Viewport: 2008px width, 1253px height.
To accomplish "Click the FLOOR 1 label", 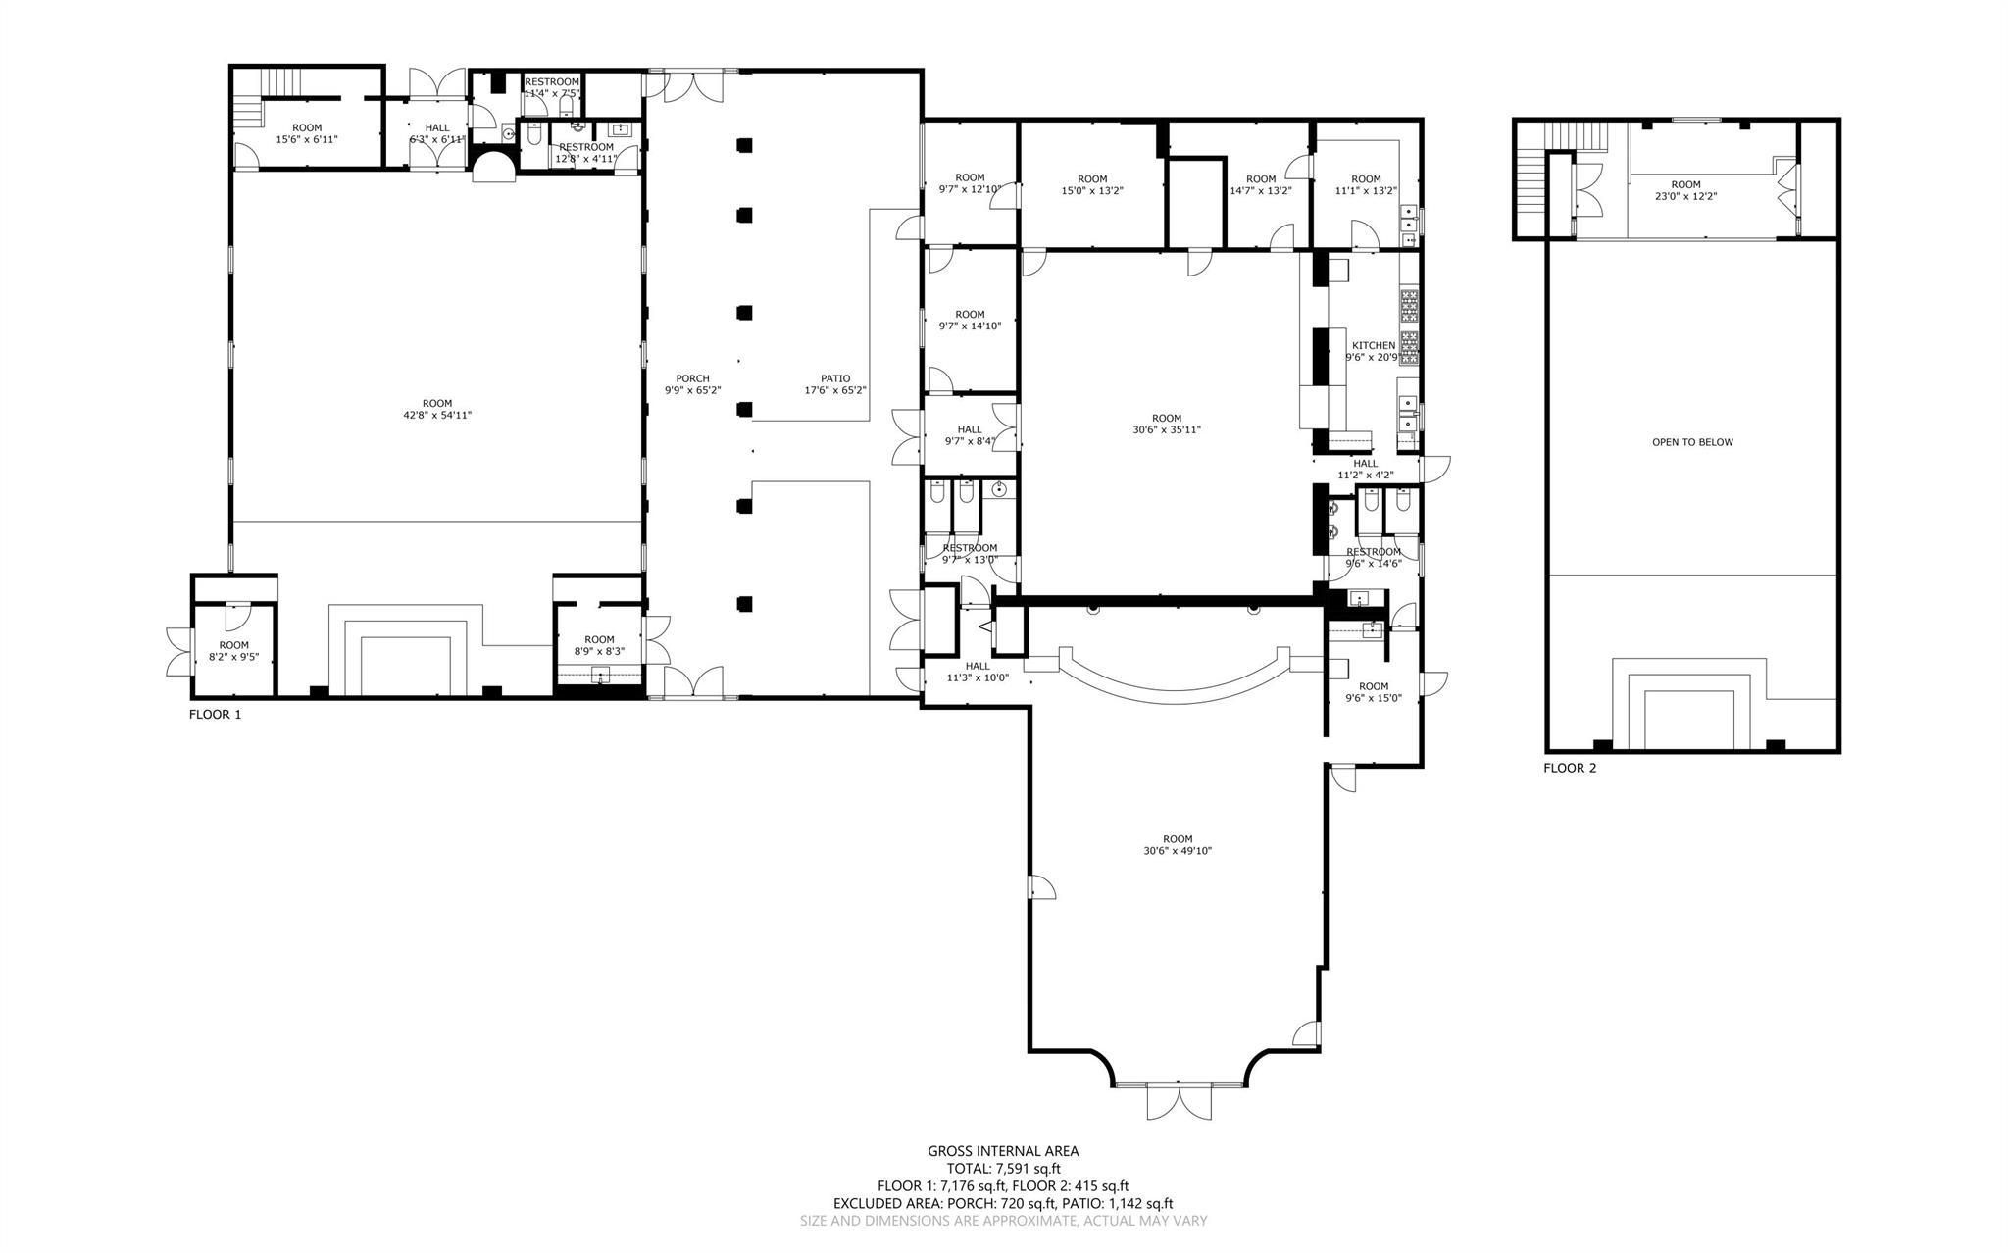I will (215, 715).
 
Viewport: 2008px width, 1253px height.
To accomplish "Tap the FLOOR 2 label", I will (1570, 768).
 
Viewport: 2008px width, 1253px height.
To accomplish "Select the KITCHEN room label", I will (1373, 351).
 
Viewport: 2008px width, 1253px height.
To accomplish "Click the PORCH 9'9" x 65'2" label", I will (692, 384).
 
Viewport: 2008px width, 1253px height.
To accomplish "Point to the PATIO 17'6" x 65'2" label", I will (835, 384).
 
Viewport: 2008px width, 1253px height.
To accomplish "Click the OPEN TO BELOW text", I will (1692, 442).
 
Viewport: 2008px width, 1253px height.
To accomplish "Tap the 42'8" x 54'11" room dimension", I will (437, 409).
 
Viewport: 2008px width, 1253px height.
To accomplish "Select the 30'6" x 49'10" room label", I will (1178, 845).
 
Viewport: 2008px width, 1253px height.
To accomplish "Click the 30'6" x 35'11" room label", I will (1167, 424).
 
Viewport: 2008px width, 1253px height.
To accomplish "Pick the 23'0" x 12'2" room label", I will (1685, 190).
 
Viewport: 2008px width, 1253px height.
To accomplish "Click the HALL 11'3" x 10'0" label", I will (977, 672).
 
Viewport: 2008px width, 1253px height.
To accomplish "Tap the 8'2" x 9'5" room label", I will (233, 651).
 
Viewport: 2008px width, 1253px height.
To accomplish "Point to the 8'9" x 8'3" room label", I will (599, 645).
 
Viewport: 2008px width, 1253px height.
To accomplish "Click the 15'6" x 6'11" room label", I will (307, 133).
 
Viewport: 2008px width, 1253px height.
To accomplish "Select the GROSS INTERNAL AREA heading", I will (1003, 1151).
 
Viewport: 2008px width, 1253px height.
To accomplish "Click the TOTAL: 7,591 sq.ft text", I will (1003, 1169).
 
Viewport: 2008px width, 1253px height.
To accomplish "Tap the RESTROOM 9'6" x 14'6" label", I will (1374, 557).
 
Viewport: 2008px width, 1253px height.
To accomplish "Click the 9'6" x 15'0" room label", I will (1374, 692).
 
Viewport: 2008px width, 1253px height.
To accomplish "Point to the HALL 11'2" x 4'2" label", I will (1365, 470).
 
